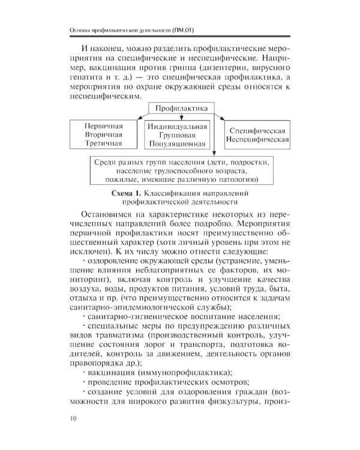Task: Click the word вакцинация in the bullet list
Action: pos(110,372)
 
